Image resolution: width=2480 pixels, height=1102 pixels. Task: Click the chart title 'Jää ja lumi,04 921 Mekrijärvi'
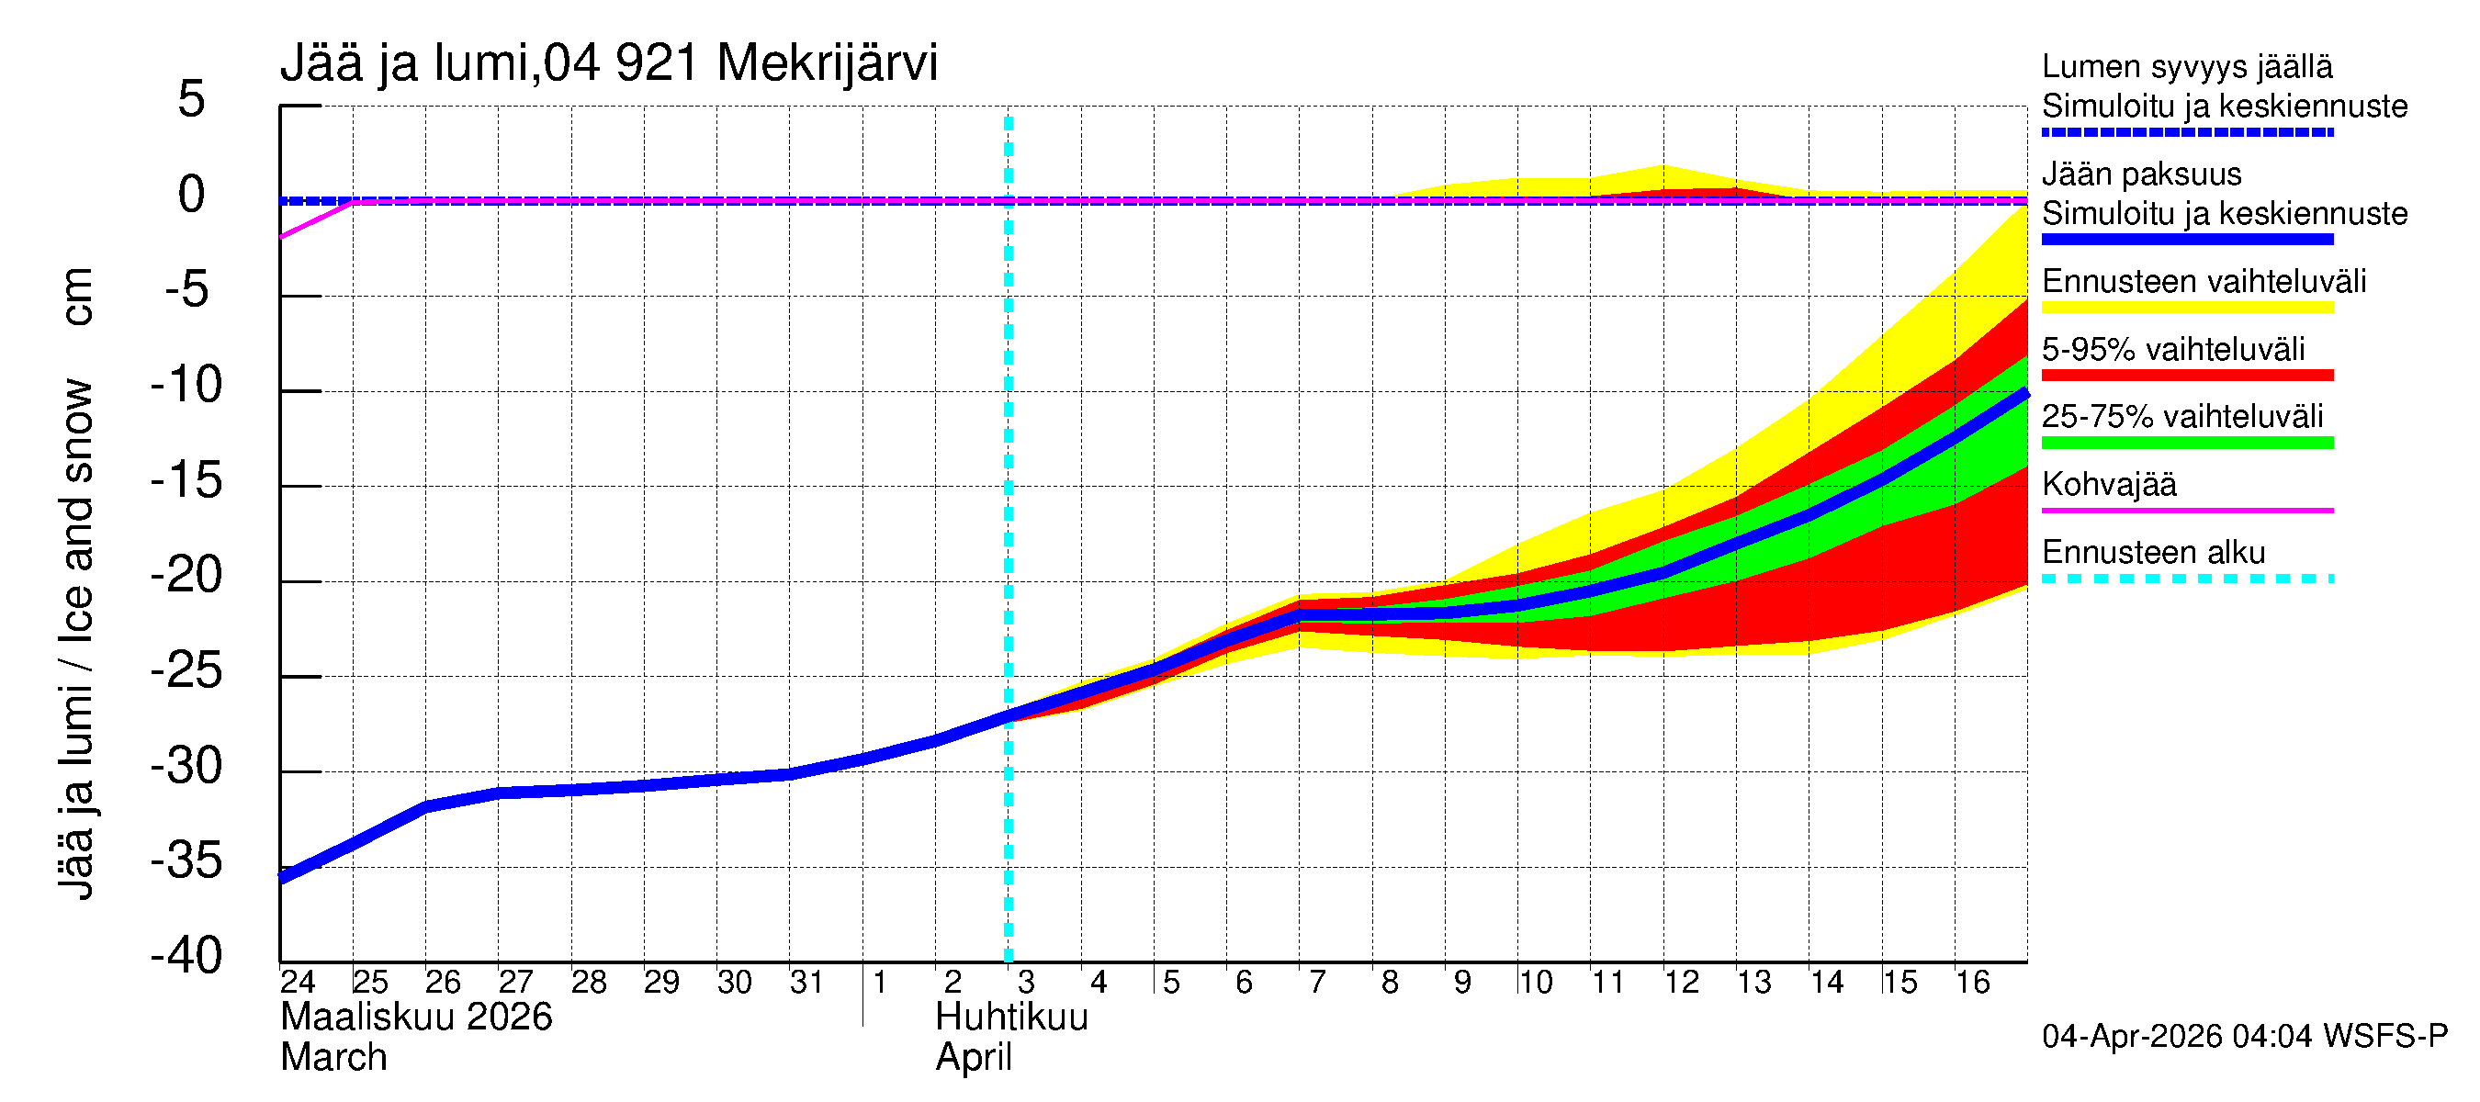(608, 63)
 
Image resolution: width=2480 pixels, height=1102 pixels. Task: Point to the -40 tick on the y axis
(186, 956)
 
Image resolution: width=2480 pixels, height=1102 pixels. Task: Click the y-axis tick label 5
(192, 99)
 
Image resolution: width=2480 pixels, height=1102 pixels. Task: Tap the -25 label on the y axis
(186, 670)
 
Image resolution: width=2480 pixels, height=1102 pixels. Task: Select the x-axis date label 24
(298, 983)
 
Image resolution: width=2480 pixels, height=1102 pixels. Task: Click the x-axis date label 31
(806, 983)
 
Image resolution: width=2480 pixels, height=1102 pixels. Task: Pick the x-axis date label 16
(1973, 983)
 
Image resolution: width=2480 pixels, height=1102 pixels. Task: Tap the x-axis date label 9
(1462, 983)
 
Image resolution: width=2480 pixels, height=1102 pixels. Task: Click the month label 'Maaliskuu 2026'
(416, 1018)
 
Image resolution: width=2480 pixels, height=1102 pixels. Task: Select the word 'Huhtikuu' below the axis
(1012, 1018)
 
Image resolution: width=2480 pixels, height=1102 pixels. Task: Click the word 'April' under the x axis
(974, 1058)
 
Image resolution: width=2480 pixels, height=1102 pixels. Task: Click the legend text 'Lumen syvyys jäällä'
(2187, 66)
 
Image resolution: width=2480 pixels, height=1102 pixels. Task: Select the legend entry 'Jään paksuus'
(2142, 174)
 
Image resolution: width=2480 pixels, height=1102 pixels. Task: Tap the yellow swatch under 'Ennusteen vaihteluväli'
(2187, 308)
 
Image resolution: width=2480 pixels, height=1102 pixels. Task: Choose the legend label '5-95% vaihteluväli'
(2173, 349)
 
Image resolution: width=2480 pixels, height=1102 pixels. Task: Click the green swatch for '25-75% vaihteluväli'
(2187, 443)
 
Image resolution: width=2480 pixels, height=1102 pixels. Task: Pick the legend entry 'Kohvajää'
(2109, 484)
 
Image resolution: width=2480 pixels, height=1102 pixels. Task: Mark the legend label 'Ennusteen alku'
(2154, 553)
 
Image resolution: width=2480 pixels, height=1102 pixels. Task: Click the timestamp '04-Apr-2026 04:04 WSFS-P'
(2244, 1037)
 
